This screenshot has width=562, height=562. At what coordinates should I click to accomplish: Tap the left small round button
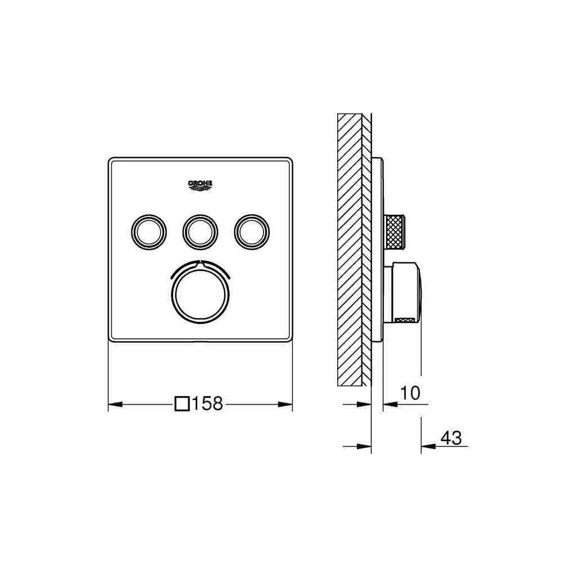coord(149,232)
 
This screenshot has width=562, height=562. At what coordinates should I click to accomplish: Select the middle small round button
coord(201,232)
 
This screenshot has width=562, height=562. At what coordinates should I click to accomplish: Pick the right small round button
coord(252,232)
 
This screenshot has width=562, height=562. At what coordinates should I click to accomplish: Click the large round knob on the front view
coord(201,295)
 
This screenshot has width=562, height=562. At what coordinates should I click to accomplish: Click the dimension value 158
coord(207,404)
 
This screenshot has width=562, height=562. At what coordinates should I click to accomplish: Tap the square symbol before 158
coord(182,404)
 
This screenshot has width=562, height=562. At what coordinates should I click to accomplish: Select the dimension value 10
coord(410,393)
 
